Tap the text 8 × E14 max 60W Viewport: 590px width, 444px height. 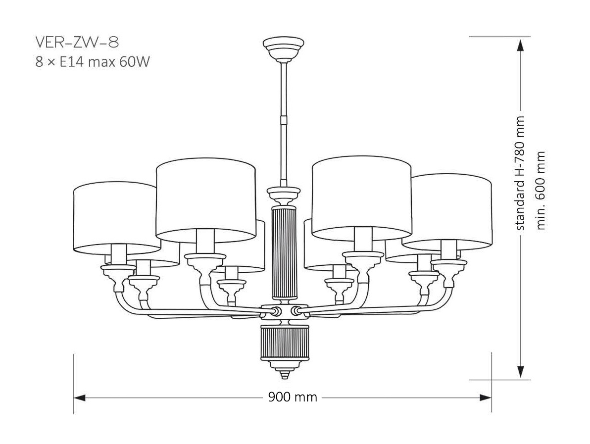click(x=93, y=63)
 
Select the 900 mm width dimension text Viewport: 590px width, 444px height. click(x=293, y=397)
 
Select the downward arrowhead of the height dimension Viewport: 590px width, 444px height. click(x=520, y=372)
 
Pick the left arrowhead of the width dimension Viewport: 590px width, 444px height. click(x=80, y=397)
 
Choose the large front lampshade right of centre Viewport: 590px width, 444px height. click(x=362, y=196)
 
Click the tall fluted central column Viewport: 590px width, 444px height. click(x=284, y=252)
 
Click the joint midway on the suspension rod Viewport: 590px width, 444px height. click(x=284, y=119)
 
